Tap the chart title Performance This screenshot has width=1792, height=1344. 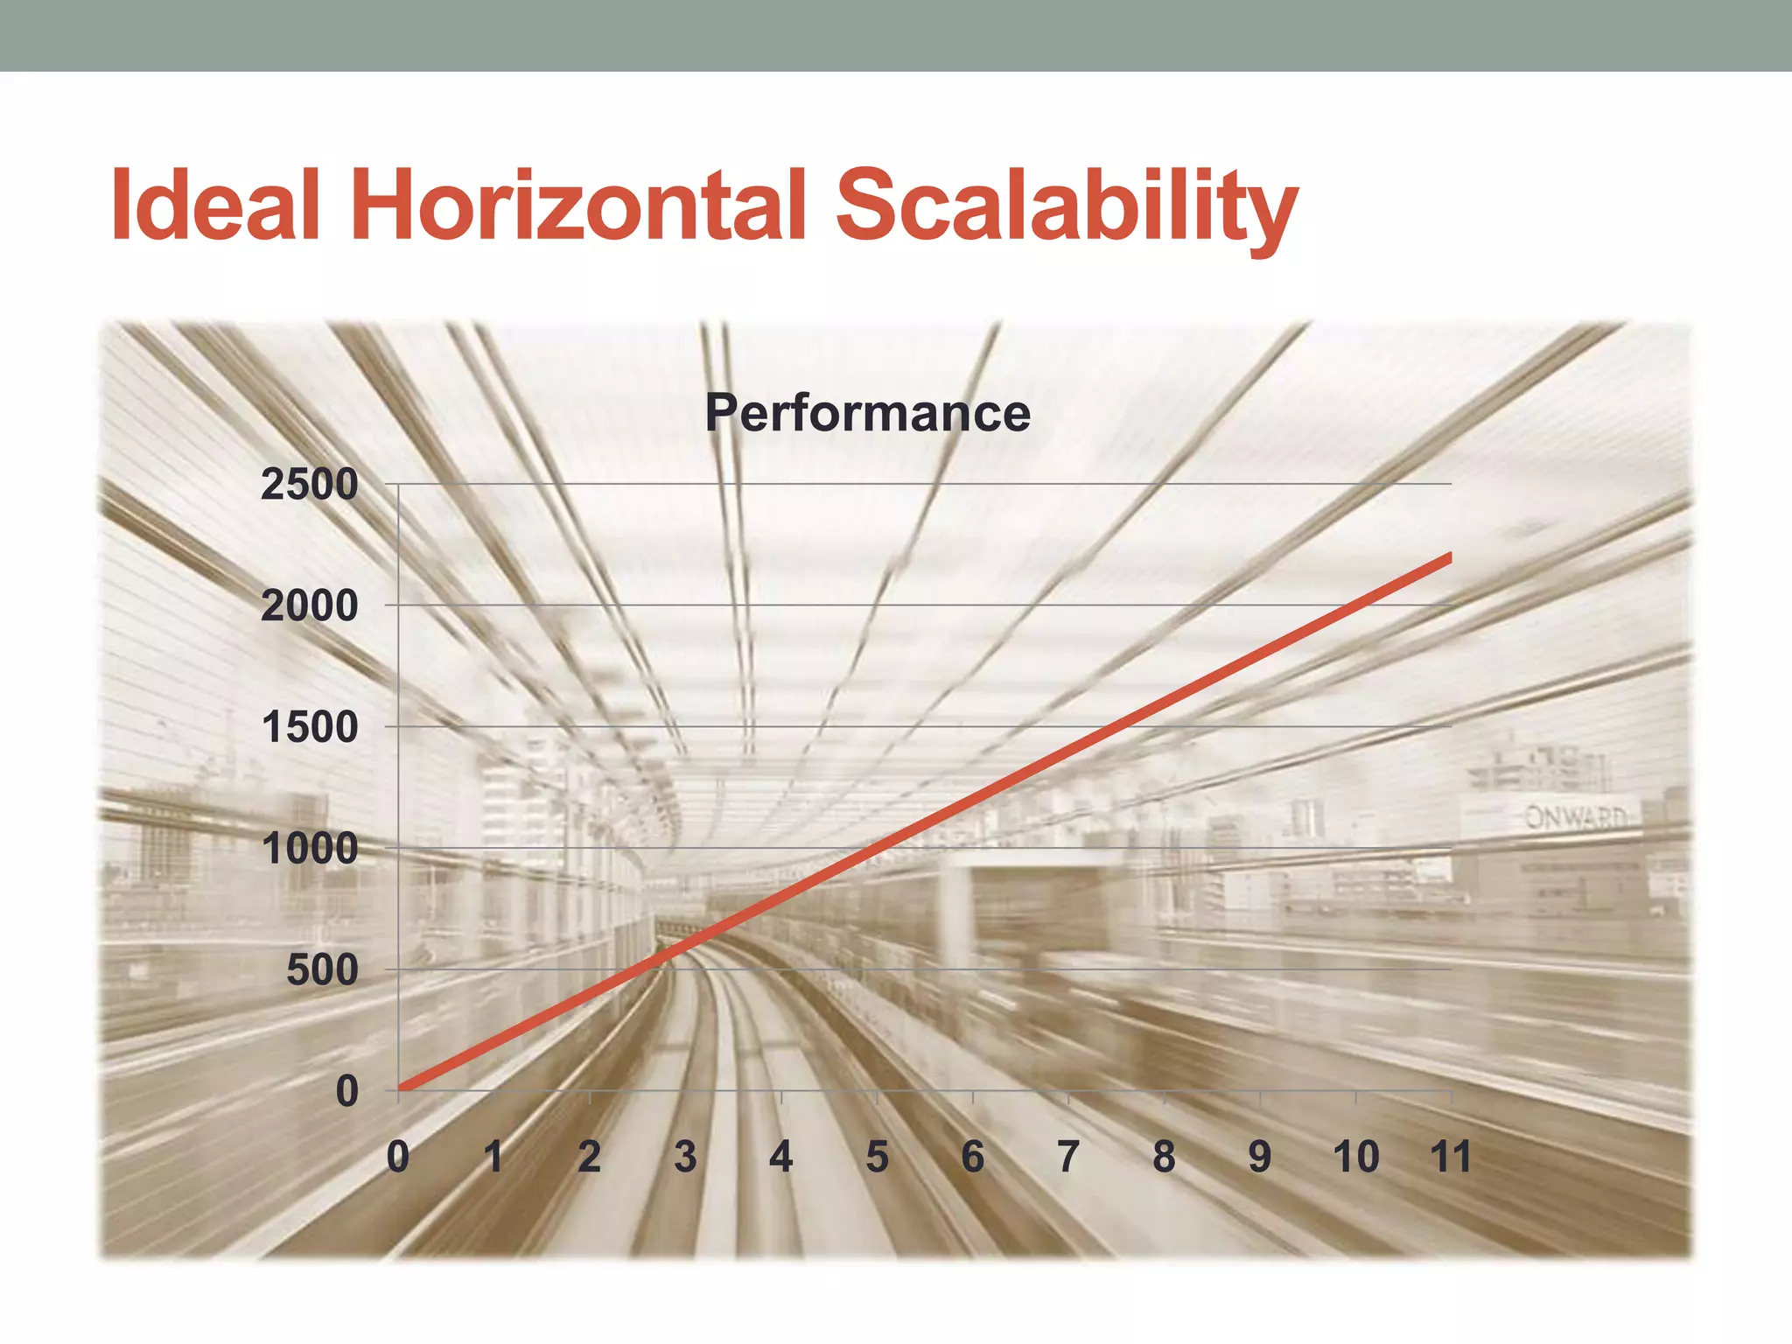click(867, 413)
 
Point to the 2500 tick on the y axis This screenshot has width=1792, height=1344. click(310, 485)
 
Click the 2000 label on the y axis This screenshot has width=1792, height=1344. click(310, 605)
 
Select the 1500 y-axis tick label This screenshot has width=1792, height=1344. click(310, 727)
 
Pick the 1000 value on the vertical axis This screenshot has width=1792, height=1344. click(310, 849)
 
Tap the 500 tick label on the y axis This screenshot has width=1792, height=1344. click(322, 969)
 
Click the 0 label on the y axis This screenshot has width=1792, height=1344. click(347, 1091)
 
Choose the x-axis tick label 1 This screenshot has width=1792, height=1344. click(493, 1157)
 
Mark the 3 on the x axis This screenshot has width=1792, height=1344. click(685, 1157)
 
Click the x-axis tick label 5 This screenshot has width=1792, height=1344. click(877, 1157)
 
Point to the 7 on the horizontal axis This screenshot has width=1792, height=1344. click(1068, 1157)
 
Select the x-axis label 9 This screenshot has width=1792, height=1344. click(1260, 1157)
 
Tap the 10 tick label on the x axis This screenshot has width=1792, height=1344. click(1355, 1157)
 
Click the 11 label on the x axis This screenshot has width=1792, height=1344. click(1451, 1157)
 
